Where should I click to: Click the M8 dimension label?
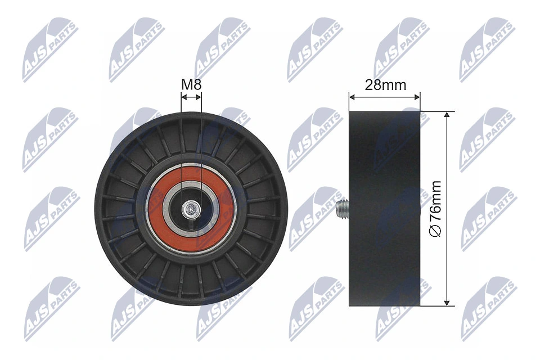coord(191,85)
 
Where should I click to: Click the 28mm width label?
coord(385,85)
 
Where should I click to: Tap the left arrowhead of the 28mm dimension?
coord(352,97)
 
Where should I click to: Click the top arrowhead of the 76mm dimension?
coord(447,114)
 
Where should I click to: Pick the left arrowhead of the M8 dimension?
coord(183,97)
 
